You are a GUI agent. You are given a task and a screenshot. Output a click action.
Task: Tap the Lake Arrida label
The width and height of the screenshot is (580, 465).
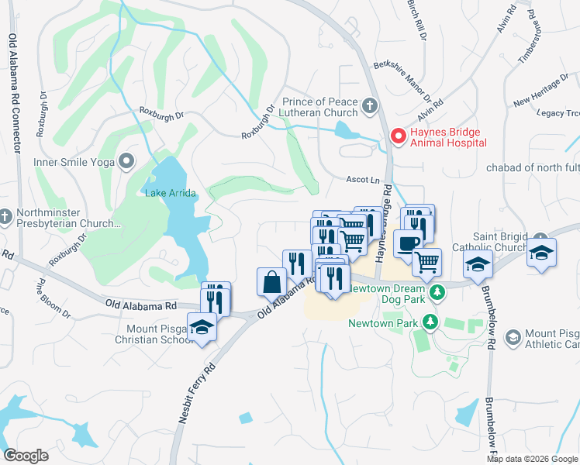[170, 193]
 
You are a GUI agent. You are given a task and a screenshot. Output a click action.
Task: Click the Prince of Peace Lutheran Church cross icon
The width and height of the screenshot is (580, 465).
[371, 105]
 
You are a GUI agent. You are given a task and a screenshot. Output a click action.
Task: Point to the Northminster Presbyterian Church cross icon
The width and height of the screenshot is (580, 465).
[5, 215]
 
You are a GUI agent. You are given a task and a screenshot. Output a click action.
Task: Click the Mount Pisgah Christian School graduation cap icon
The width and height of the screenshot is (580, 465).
[202, 326]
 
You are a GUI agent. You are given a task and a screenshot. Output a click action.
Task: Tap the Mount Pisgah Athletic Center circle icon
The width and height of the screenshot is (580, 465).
[513, 336]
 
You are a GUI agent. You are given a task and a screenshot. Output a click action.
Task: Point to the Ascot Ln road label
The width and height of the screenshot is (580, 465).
[361, 179]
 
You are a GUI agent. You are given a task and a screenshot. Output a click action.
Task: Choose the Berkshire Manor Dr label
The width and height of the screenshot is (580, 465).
[402, 81]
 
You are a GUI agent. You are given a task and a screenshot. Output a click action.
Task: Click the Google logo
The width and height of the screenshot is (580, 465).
[26, 455]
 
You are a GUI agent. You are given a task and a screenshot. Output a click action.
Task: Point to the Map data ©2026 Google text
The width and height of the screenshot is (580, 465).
[531, 459]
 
